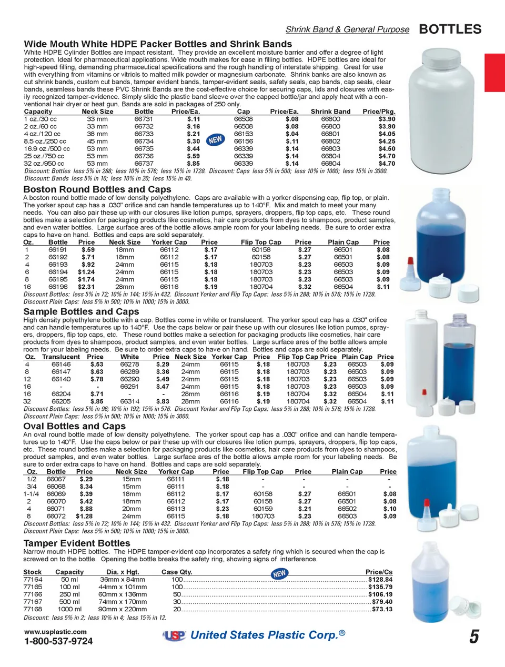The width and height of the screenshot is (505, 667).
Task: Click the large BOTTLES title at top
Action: coord(450,29)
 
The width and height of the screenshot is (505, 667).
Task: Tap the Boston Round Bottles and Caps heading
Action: coord(97,189)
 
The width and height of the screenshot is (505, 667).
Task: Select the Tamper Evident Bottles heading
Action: coord(77,543)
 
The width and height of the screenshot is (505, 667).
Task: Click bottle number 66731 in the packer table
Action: coord(144,119)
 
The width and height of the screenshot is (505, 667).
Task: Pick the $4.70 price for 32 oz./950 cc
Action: coord(387,164)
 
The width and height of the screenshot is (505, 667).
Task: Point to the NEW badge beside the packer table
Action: coord(215,140)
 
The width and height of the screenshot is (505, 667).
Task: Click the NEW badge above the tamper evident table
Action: coord(279,573)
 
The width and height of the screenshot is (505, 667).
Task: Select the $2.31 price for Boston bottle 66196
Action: coord(86,287)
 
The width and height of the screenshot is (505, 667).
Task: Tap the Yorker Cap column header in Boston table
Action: coord(169,242)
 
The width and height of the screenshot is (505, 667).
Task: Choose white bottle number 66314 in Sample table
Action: coord(129,401)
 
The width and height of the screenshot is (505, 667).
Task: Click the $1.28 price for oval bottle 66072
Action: coord(84,517)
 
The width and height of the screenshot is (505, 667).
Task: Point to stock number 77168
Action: coord(33,609)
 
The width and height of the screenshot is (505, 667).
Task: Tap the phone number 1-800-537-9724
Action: coord(58,641)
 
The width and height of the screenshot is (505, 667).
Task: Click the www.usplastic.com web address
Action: coord(55,632)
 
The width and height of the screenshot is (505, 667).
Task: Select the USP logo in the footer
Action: coord(175,635)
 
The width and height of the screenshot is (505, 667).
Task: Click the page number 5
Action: coord(474,637)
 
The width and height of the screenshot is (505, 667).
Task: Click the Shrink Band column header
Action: coord(330,112)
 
